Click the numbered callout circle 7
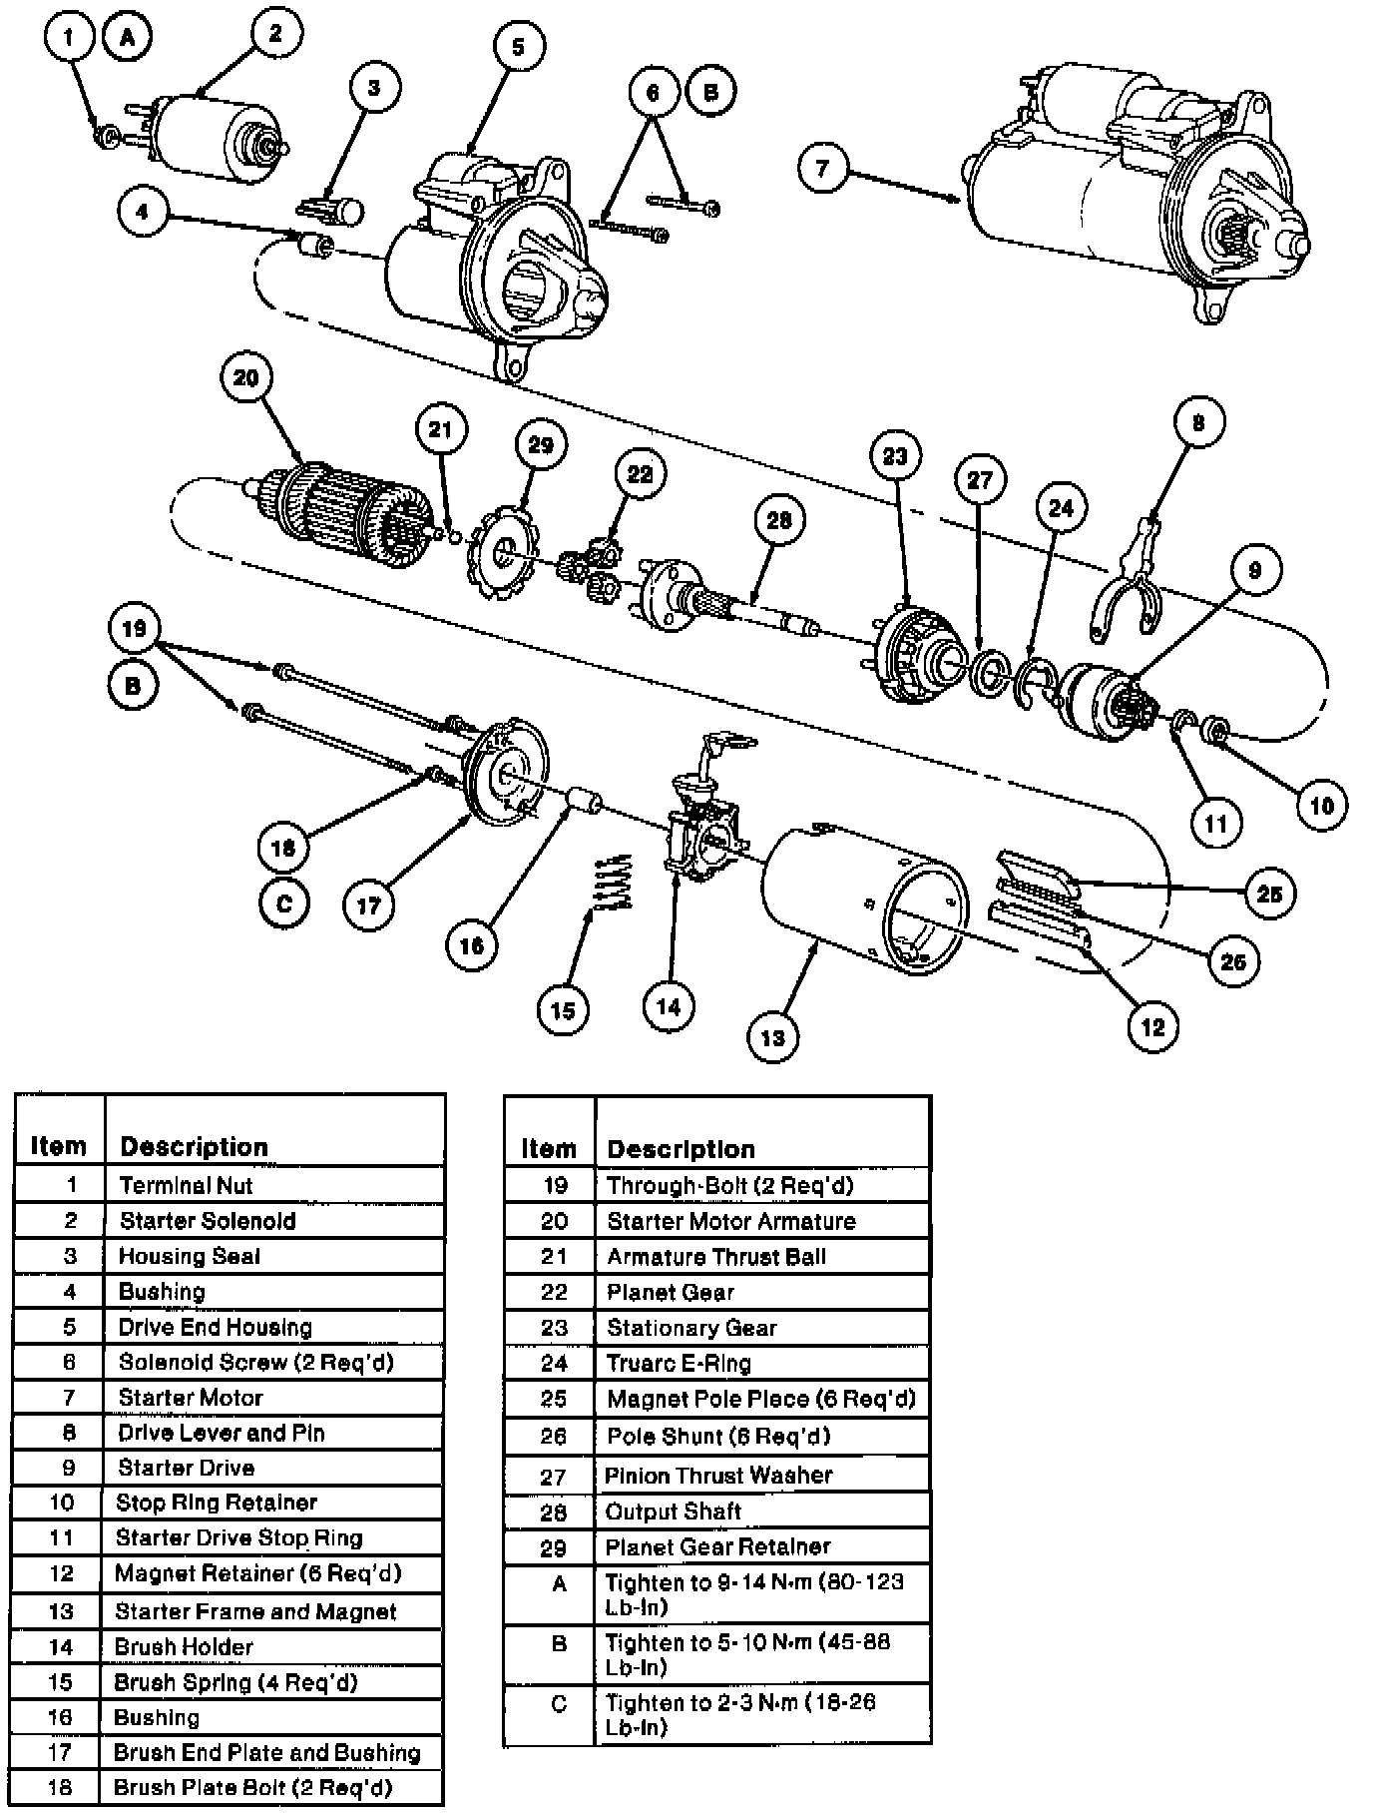[x=822, y=168]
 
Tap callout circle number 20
[x=245, y=377]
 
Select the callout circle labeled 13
[x=772, y=1037]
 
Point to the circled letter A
[x=127, y=38]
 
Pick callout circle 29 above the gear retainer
[x=540, y=444]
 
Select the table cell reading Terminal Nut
[x=186, y=1185]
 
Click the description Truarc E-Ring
[x=679, y=1363]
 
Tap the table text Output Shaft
[x=674, y=1511]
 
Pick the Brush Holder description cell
[x=184, y=1646]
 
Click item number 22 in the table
[x=554, y=1292]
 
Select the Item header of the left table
[x=58, y=1145]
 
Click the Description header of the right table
[x=681, y=1148]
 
